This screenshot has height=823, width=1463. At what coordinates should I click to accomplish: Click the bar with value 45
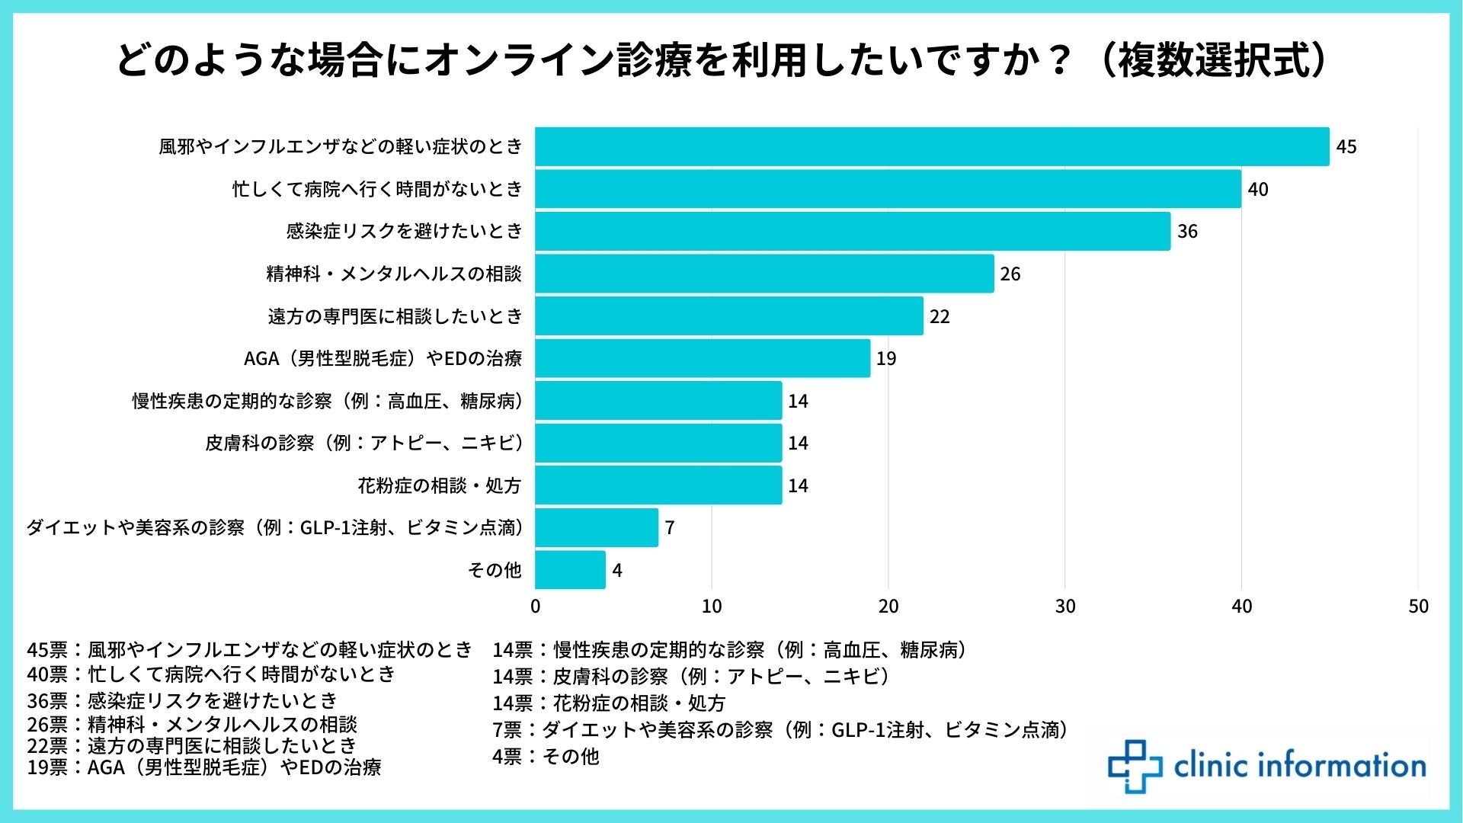coord(932,146)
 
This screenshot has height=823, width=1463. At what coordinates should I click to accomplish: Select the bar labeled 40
coord(888,189)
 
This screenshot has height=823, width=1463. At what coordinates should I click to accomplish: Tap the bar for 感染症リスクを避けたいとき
coord(853,231)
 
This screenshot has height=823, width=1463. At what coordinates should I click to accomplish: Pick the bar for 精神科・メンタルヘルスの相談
coord(764,274)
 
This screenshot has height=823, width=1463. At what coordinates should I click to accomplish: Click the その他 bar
coord(570,570)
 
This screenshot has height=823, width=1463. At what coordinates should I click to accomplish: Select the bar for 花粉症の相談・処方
coord(658,485)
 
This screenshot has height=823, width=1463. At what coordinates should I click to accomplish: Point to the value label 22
coord(940,316)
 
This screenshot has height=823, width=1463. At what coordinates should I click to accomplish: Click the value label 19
coord(886,358)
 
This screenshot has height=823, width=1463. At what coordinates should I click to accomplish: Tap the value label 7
coord(669,527)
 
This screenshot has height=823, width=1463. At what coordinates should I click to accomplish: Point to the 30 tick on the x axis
coord(1064,607)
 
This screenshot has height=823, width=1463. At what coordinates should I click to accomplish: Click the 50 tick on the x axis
coord(1418,607)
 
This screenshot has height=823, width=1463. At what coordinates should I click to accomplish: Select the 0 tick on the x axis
coord(536,607)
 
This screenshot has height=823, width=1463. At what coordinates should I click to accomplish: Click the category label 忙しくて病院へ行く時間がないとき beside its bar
coord(377,189)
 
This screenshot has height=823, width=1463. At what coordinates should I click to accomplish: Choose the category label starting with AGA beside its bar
coord(383,358)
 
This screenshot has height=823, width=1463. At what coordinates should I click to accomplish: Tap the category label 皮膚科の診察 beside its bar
coord(364,443)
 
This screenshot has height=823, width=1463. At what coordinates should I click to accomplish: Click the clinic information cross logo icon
coord(1135,766)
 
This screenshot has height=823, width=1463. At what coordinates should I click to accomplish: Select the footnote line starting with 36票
coord(182,700)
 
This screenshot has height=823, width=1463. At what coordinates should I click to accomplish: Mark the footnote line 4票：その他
coord(546,757)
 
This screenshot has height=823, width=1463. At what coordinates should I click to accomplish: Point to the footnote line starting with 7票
coord(780,730)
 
